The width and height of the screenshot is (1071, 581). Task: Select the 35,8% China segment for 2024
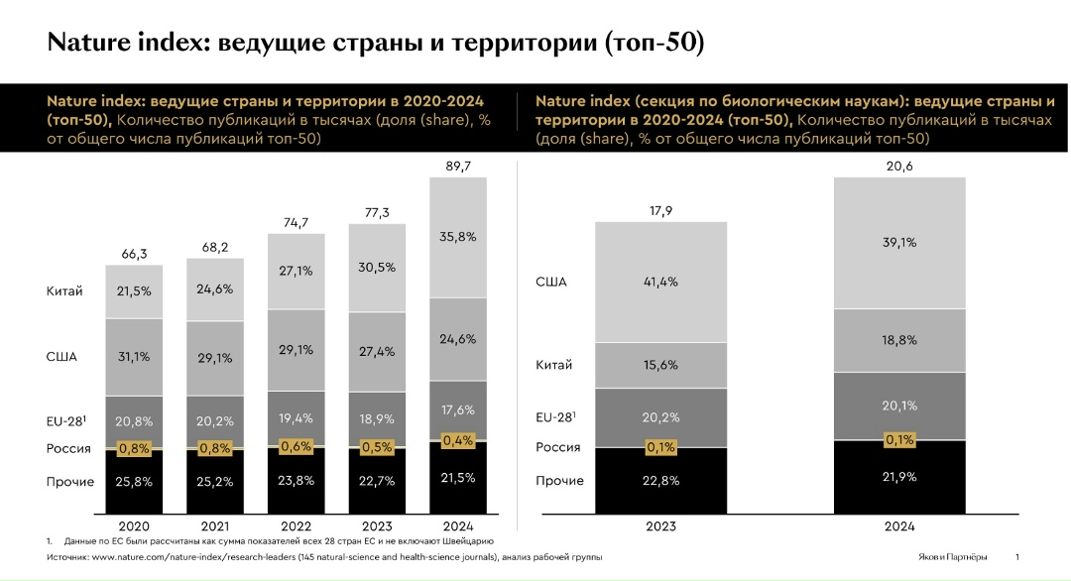click(x=457, y=237)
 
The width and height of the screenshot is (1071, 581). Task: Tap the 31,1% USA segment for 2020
click(x=134, y=357)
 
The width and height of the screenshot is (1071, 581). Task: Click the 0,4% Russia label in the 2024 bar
click(x=457, y=439)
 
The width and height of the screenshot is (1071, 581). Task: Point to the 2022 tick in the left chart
click(x=296, y=526)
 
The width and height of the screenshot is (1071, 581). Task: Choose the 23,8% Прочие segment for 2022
click(x=296, y=482)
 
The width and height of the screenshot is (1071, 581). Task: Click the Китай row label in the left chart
click(x=63, y=291)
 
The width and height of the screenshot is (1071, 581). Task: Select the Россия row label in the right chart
click(x=558, y=447)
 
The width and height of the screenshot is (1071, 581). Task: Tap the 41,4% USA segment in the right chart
click(x=660, y=283)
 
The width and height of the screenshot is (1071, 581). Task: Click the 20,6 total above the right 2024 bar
click(x=899, y=166)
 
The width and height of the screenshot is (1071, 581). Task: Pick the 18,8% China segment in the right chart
click(x=899, y=340)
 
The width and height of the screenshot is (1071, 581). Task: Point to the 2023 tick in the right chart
click(x=660, y=526)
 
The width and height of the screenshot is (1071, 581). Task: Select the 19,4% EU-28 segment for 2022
click(x=296, y=419)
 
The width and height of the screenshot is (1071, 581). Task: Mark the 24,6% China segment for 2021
click(x=214, y=290)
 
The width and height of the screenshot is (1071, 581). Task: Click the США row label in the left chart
click(x=61, y=357)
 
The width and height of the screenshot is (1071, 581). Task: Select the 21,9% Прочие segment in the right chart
click(x=899, y=477)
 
